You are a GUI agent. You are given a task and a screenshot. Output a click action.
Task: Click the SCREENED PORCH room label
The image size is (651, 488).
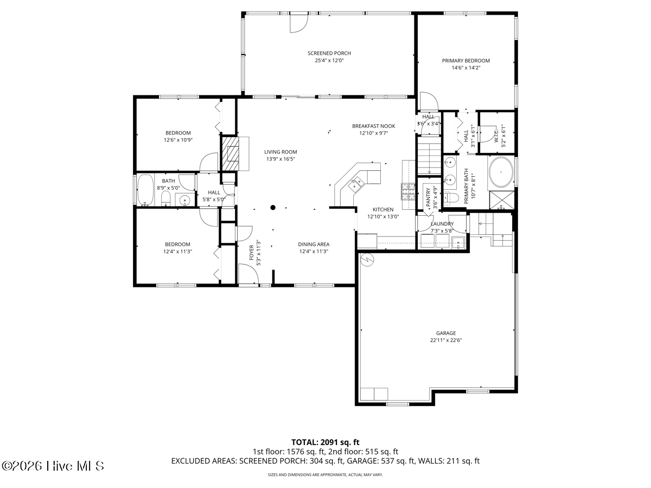[x=329, y=53]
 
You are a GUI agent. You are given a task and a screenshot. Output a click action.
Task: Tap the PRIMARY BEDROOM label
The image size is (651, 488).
[x=465, y=61]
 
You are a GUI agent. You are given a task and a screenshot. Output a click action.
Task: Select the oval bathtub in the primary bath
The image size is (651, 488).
[x=501, y=172]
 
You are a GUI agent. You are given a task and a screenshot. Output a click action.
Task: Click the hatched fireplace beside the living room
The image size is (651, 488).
[x=231, y=153]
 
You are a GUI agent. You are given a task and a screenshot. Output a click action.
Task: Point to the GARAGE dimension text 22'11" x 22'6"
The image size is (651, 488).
[x=446, y=340]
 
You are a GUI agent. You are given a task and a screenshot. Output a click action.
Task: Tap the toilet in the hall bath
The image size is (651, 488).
[x=166, y=198]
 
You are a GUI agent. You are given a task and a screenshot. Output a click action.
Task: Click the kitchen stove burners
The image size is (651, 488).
[x=409, y=191]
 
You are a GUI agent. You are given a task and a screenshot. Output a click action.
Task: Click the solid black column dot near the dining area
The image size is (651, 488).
[x=273, y=208]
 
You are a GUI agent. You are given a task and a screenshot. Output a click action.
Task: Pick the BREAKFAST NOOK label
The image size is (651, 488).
[x=373, y=126]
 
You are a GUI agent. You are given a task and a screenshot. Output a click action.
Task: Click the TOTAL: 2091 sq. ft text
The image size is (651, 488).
[x=325, y=442]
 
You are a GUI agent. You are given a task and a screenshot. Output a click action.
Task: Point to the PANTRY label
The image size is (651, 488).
[x=428, y=197]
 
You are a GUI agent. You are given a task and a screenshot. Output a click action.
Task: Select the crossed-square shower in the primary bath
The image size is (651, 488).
[x=501, y=200]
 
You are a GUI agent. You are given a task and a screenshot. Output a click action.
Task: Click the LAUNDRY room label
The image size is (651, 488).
[x=442, y=224]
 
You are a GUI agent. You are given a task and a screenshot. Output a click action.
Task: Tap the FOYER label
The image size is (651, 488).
[x=252, y=253]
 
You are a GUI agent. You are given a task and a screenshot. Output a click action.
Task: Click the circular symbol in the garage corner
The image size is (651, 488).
[x=367, y=260]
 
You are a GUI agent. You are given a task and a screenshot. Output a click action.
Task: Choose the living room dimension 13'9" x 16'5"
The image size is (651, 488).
[x=280, y=159]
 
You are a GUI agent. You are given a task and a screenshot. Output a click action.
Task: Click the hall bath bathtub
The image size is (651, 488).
[x=145, y=190]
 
